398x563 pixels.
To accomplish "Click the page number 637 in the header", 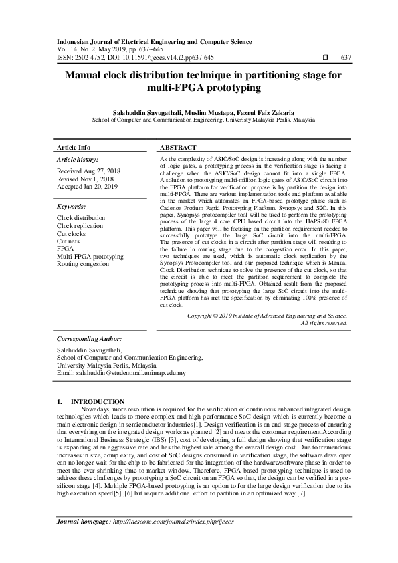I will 346,58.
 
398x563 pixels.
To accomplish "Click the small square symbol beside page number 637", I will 325,58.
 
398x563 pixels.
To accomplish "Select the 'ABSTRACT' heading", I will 178,147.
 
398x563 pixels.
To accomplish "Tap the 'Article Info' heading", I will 74,147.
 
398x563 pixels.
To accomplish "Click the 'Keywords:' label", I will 71,207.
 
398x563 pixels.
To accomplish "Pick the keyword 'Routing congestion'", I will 83,264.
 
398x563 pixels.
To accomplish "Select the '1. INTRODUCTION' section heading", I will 88,401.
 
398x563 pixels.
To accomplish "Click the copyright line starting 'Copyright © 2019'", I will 267,315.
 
